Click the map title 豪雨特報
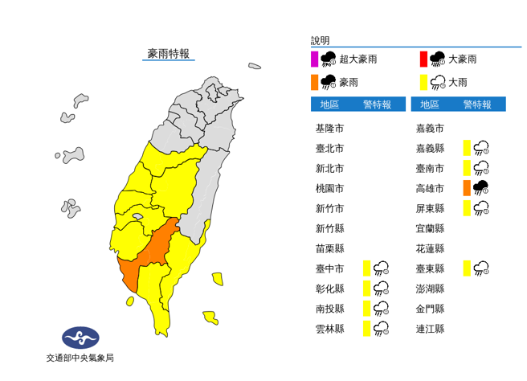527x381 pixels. [168, 54]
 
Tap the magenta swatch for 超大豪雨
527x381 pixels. [315, 59]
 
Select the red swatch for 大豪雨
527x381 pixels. [423, 59]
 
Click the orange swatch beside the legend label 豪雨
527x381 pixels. [315, 81]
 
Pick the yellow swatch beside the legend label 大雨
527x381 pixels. [423, 81]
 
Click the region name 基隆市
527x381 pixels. [329, 129]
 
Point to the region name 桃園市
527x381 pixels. [329, 188]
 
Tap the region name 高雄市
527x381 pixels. [430, 188]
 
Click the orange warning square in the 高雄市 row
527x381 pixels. [466, 188]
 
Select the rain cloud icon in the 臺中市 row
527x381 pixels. [382, 268]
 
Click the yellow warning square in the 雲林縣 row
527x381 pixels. [366, 328]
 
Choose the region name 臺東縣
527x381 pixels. [430, 268]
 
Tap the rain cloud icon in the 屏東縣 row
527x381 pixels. [481, 208]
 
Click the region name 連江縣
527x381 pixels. [430, 328]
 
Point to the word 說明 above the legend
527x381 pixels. [320, 40]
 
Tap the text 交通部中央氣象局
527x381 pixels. [80, 358]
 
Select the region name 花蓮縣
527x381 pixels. [430, 248]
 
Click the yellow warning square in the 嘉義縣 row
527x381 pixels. [466, 148]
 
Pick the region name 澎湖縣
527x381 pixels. [430, 288]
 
